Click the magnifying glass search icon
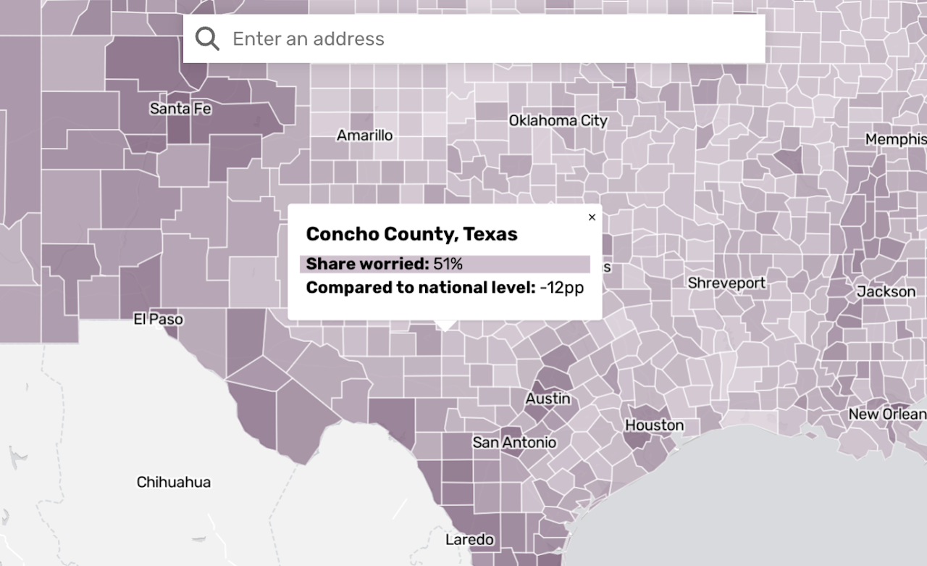[207, 38]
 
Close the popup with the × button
[592, 217]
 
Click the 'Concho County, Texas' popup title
[411, 234]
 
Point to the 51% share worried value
[448, 264]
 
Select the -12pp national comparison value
[561, 288]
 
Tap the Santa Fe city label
[180, 109]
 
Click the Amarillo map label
[365, 136]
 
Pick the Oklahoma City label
[558, 120]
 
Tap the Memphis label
[895, 139]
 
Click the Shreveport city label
[726, 283]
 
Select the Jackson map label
[886, 291]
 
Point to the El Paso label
[158, 319]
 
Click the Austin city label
[548, 399]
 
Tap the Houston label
[654, 425]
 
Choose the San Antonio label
[514, 442]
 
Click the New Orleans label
[887, 414]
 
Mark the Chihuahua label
[173, 482]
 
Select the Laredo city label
[469, 539]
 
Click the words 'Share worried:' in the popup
[367, 264]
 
